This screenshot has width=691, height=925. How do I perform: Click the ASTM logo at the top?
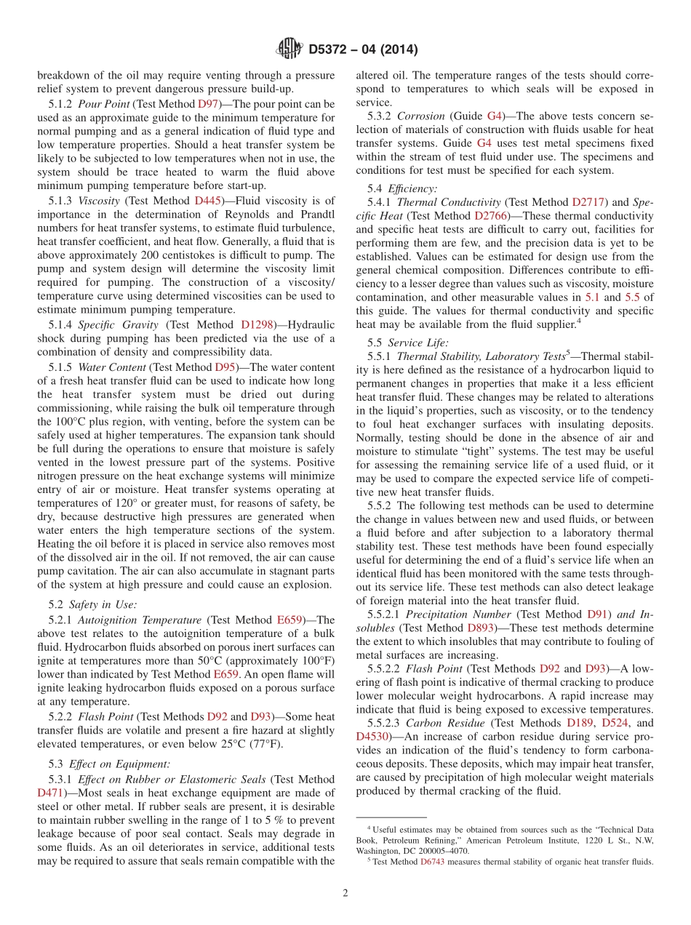point(289,49)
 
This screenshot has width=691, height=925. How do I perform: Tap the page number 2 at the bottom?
point(345,893)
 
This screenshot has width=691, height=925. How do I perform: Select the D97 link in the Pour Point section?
point(208,104)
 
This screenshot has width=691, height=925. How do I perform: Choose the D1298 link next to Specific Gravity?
point(256,324)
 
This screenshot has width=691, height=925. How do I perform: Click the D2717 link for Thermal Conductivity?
point(588,202)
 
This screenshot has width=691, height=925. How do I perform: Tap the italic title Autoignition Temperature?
point(140,620)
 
